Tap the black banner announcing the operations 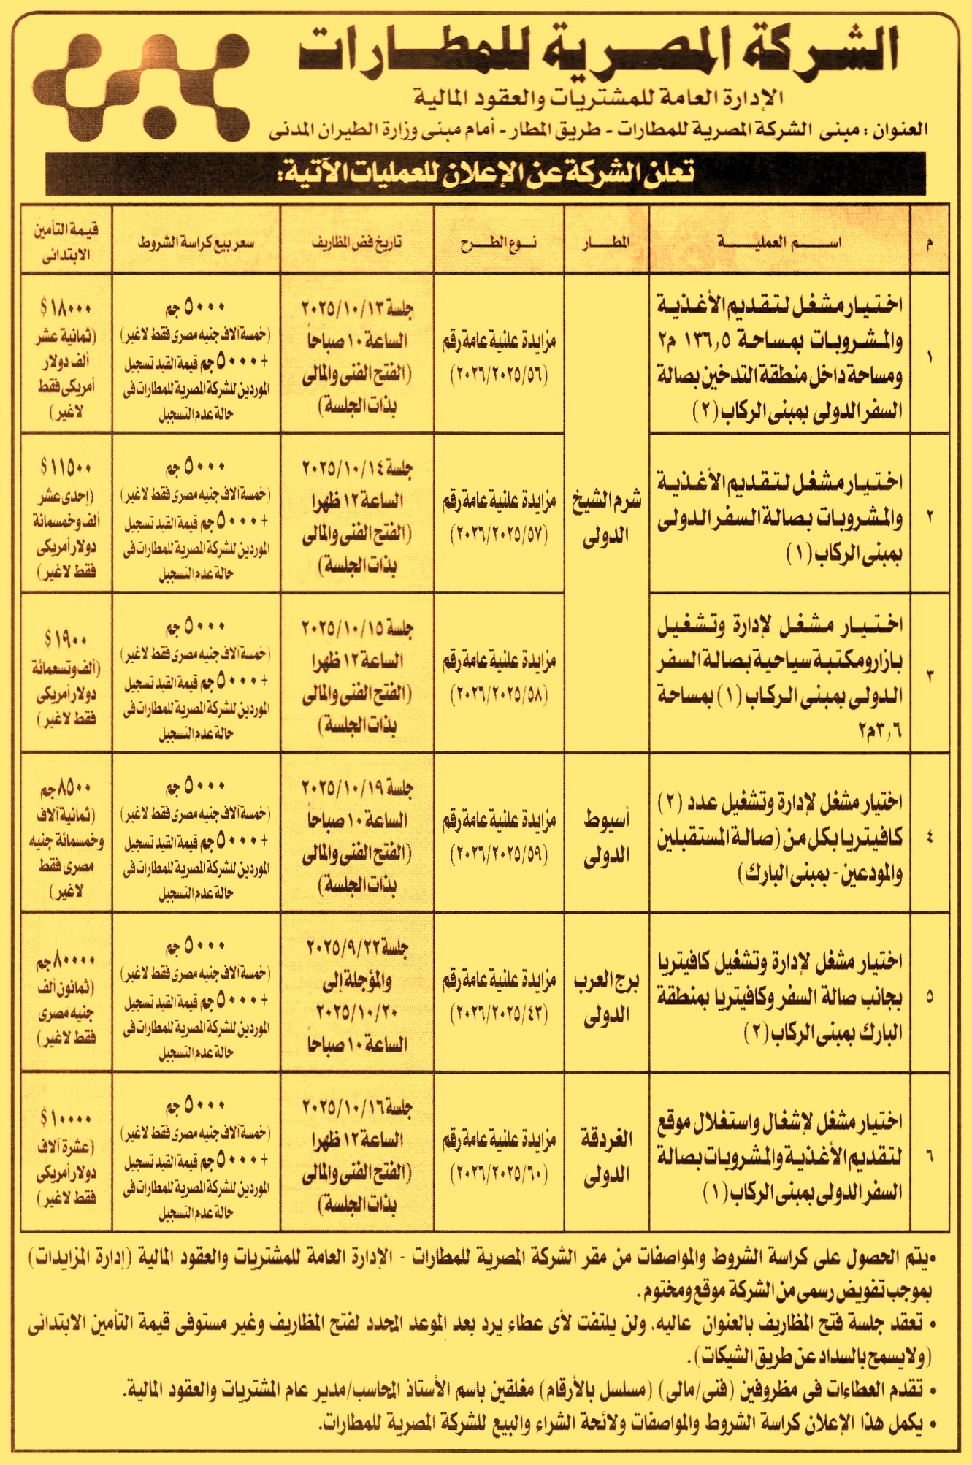[x=485, y=173]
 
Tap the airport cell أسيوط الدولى [x=606, y=837]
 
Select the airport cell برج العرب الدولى [x=606, y=998]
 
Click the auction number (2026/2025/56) [x=499, y=375]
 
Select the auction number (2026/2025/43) [x=499, y=1014]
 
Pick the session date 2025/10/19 [x=357, y=788]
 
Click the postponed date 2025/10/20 [x=357, y=1013]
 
